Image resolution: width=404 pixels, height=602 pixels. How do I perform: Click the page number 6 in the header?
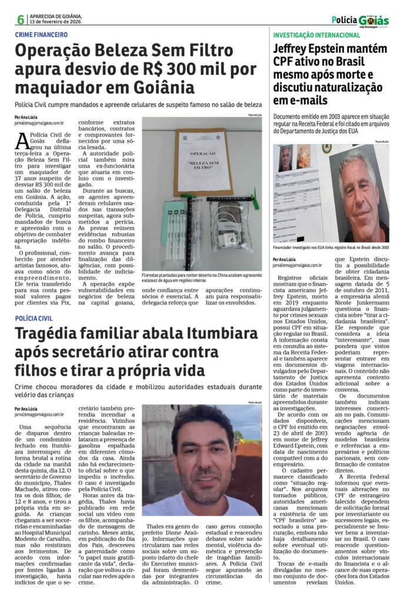pos(21,19)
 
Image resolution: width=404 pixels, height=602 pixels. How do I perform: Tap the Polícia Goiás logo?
pos(360,21)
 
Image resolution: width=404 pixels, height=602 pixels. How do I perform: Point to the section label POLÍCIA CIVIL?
pos(34,317)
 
